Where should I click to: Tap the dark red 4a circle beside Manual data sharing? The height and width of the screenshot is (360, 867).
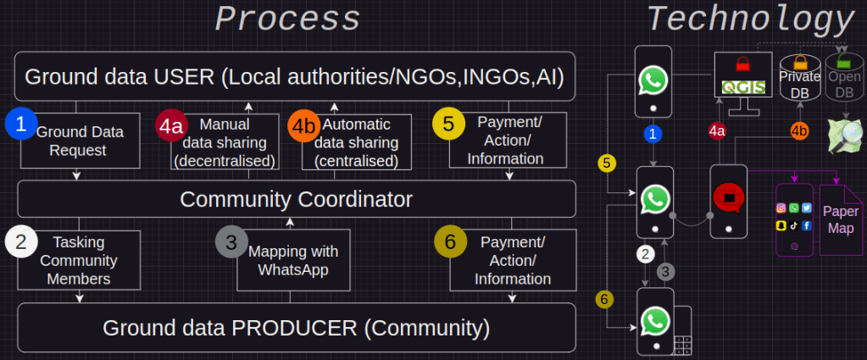(171, 126)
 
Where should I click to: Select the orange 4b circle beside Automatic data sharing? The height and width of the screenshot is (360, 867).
(304, 127)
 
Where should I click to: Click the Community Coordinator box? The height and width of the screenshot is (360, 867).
(297, 199)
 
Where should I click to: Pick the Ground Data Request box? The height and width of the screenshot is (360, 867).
(81, 141)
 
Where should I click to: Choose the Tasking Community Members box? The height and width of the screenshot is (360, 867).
(79, 260)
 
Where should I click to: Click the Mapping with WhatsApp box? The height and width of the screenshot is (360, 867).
(293, 260)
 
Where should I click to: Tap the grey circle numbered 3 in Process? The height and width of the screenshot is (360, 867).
(231, 243)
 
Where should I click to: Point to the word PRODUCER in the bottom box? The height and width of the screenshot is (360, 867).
(295, 328)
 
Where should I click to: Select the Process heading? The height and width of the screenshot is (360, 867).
(287, 19)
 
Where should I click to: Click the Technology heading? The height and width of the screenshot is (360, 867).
(750, 19)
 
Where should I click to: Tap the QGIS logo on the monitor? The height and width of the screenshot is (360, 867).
(743, 87)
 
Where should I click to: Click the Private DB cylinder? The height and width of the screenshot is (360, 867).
(799, 79)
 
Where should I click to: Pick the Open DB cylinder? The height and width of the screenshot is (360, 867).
(844, 79)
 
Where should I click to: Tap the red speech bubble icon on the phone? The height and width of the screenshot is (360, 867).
(728, 197)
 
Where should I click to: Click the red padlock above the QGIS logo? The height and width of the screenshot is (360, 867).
(742, 64)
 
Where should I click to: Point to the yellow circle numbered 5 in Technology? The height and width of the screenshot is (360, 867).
(607, 163)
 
